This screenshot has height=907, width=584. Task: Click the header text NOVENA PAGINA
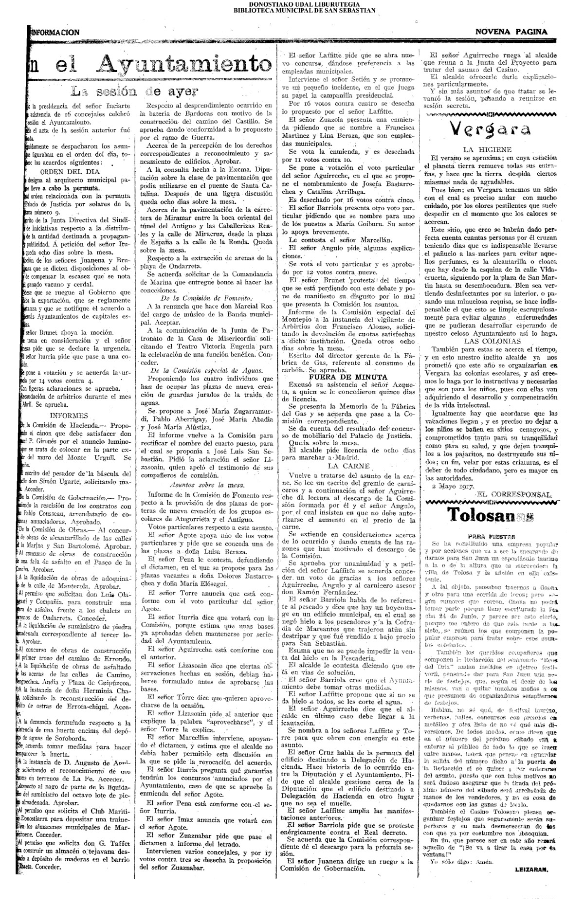[x=511, y=32]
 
